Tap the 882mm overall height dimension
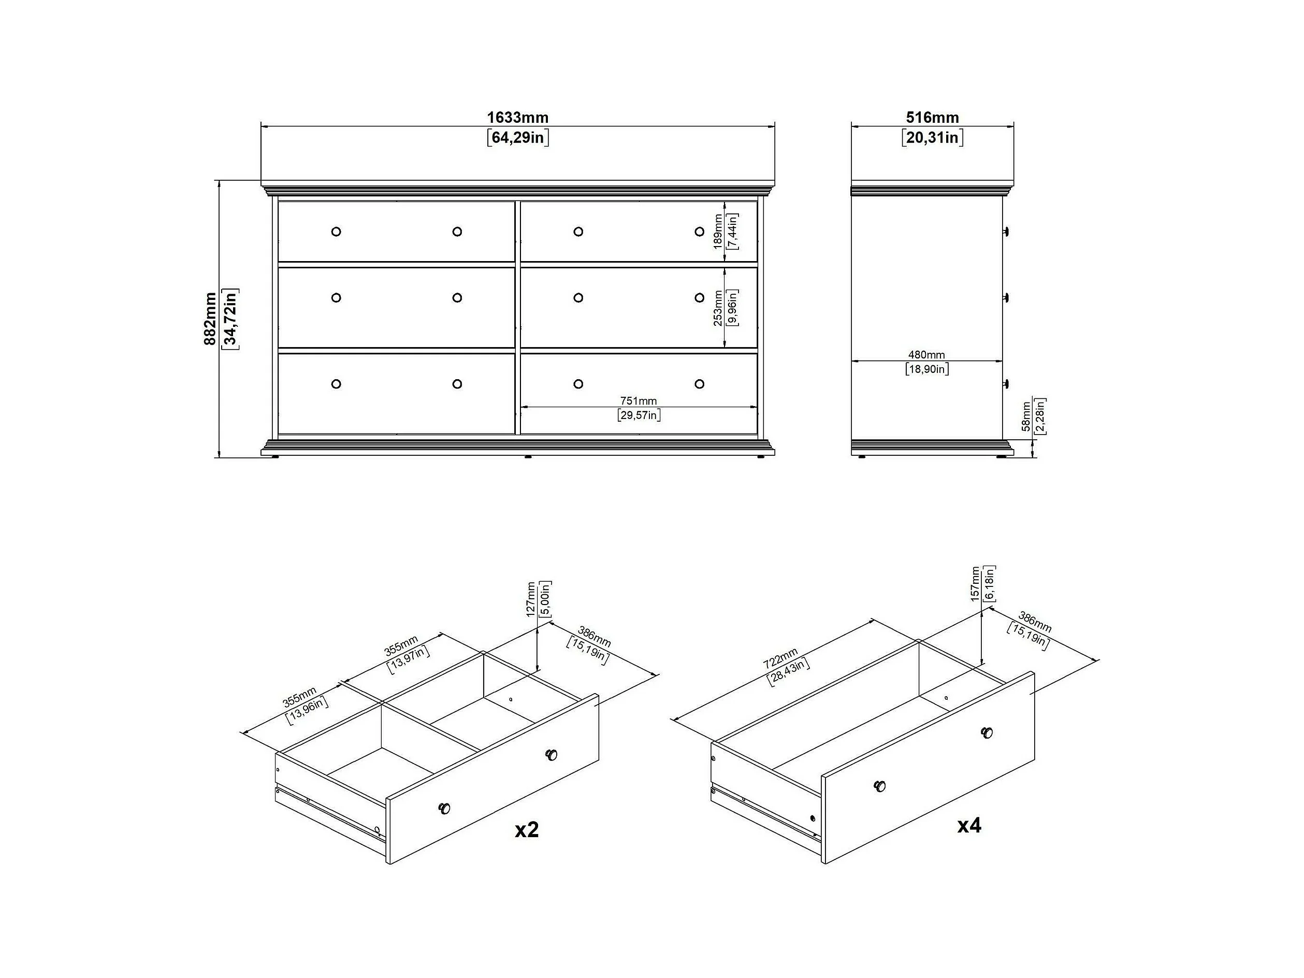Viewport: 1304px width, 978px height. (x=210, y=319)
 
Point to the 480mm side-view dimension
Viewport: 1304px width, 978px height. (x=926, y=355)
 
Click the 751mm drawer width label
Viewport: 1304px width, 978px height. (x=639, y=401)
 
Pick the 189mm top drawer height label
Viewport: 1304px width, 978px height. (x=718, y=232)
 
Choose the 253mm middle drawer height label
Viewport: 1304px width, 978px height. (x=718, y=308)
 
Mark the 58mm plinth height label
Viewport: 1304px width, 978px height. (x=1026, y=416)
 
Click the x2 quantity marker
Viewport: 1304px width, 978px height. (x=527, y=830)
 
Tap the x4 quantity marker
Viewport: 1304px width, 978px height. (x=969, y=826)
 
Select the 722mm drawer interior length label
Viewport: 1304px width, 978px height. (x=780, y=658)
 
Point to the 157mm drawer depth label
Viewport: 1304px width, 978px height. (x=975, y=584)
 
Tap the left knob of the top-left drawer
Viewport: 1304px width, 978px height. (x=336, y=232)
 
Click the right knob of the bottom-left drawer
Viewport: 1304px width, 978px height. (x=457, y=384)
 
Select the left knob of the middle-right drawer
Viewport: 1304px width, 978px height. (x=578, y=298)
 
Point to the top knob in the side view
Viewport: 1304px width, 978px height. (x=1007, y=231)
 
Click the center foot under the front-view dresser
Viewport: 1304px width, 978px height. (x=528, y=456)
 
